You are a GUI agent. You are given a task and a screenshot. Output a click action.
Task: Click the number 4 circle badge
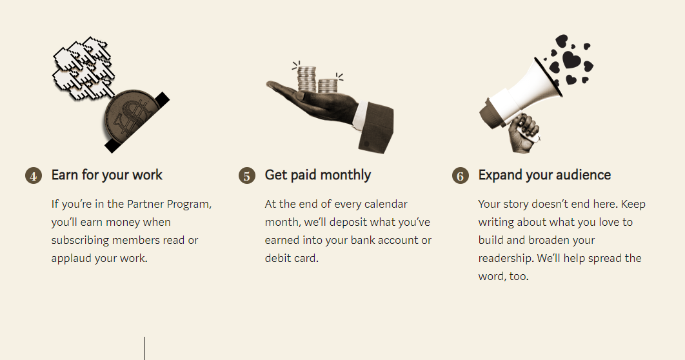coord(34,175)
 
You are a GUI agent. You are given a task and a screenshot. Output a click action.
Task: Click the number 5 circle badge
coord(247,175)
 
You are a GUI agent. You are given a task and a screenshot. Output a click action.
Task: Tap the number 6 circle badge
coord(461,175)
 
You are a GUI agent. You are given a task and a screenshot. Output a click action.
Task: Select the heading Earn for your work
coord(107,175)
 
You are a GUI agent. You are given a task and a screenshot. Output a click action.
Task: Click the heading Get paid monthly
coord(318,175)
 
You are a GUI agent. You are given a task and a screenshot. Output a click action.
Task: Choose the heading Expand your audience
coord(544,175)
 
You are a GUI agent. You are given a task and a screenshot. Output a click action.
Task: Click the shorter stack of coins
coord(328,85)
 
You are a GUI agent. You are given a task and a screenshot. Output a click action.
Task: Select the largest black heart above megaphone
coord(571,60)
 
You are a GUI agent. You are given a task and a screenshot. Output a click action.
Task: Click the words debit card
coord(291,258)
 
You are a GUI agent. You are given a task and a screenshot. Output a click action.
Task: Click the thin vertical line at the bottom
coord(144,348)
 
